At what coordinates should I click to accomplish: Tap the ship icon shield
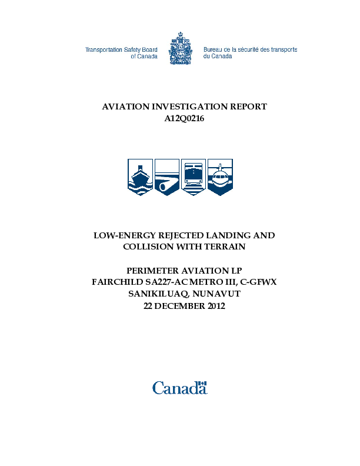140,177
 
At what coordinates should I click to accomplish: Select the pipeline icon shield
167,177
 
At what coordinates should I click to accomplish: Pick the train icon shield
194,177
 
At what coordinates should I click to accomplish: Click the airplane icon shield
221,177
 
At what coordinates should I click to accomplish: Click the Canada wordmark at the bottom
179,387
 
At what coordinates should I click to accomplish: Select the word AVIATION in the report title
126,106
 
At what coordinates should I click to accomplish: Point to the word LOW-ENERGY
125,235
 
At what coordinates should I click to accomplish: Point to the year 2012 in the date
214,305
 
